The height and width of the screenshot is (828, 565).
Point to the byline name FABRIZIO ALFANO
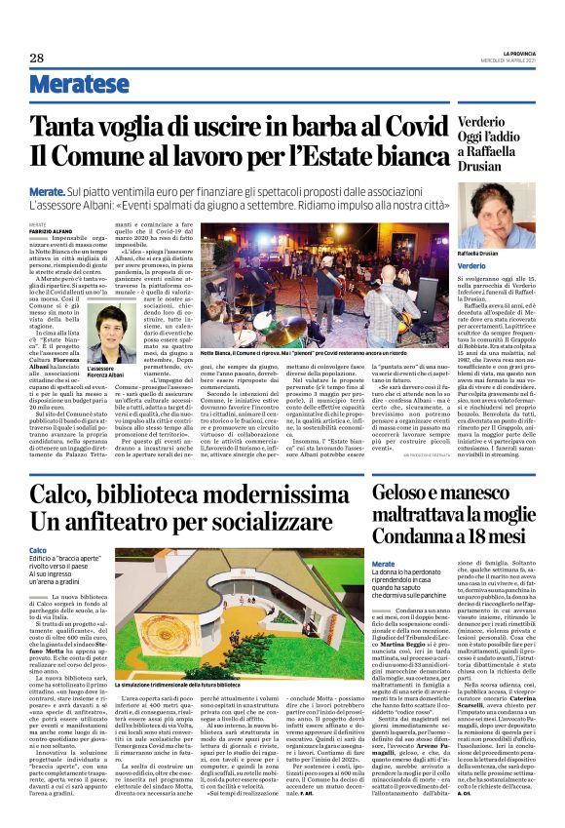click(x=47, y=232)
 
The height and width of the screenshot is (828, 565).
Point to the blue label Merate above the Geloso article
click(x=383, y=565)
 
